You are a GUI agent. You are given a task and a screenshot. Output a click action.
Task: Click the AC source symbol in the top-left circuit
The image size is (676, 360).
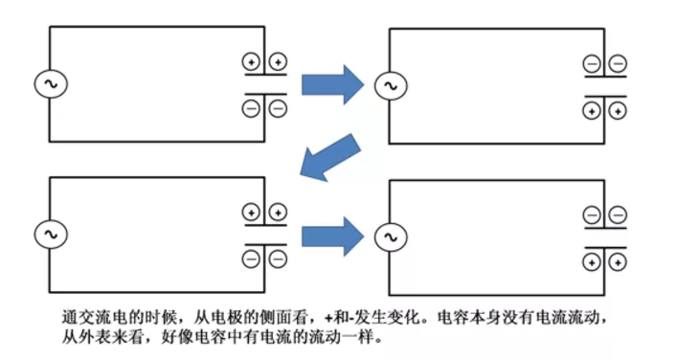pos(49,83)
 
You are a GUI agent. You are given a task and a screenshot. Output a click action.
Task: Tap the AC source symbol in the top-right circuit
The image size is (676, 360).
pos(389,86)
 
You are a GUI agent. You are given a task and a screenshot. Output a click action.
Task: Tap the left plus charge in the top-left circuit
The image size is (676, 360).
pos(252,62)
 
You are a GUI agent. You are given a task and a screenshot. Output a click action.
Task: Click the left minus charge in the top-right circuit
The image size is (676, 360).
pos(592,64)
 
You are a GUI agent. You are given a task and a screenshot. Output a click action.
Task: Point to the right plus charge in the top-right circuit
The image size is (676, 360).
pos(619,111)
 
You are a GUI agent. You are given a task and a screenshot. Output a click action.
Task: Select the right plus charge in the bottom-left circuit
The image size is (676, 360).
pos(278,212)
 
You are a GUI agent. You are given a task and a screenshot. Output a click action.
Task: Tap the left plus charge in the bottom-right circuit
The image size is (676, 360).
pos(592,260)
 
